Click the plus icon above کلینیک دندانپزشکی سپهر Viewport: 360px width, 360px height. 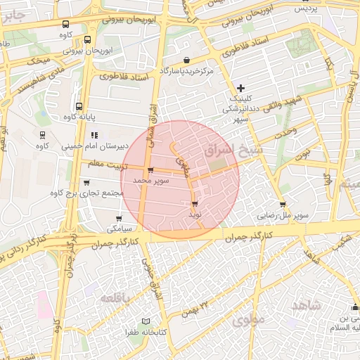[x=241, y=88]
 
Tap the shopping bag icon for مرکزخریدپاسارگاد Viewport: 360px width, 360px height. [x=186, y=60]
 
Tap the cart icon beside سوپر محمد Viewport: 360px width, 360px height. [x=151, y=170]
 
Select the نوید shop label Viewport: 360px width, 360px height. [x=195, y=213]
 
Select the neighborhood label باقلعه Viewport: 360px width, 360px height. [x=116, y=298]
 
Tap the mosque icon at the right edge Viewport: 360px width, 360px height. [x=354, y=307]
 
